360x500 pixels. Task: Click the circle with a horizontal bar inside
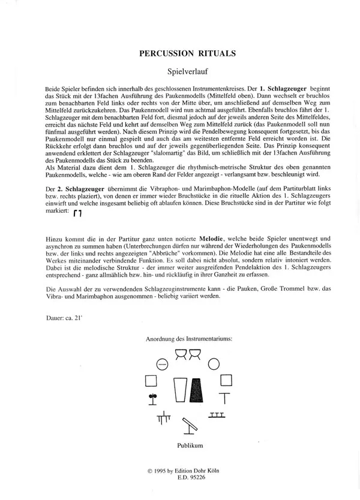[160, 363]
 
